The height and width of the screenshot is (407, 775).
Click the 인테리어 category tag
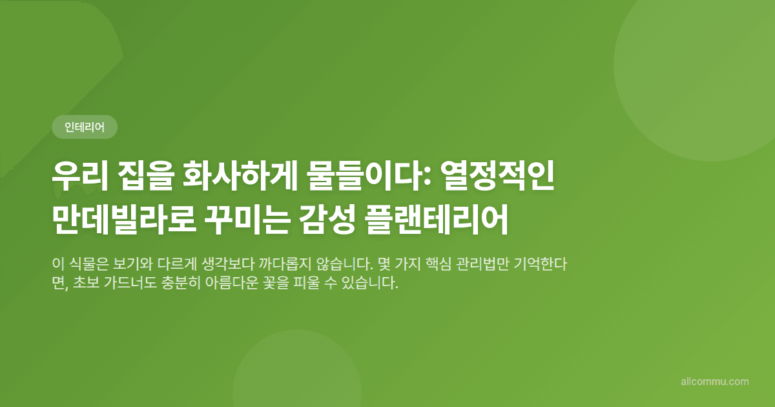(x=85, y=127)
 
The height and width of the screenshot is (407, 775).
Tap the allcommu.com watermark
(x=715, y=382)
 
